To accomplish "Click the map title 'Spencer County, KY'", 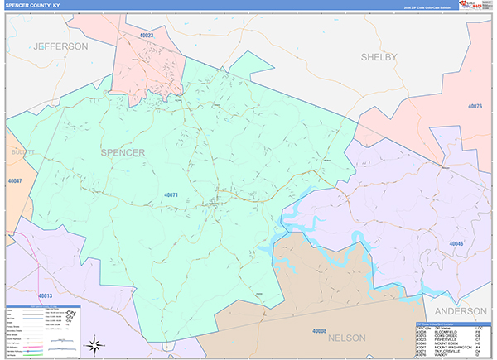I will pos(31,5).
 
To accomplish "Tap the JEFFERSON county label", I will pos(60,47).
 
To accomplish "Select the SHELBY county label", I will pos(379,56).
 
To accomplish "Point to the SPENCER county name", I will pos(123,153).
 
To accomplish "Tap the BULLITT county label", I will pos(19,153).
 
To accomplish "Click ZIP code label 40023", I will pos(147,36).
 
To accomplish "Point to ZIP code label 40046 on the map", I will pos(456,243).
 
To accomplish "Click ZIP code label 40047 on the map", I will pos(15,180).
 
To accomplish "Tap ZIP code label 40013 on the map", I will pos(45,295).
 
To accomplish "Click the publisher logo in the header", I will pos(475,5).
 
